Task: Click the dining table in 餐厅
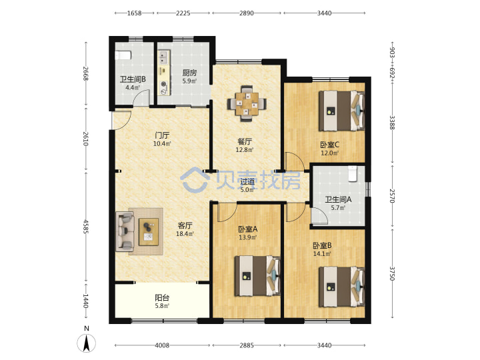coord(247,104)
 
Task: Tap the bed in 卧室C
coord(342,111)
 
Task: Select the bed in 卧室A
coord(257,276)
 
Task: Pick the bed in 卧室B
coord(342,287)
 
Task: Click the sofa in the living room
coord(125,231)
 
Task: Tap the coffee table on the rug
coord(149,232)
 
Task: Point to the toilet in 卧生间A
coord(353,173)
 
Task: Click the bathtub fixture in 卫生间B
coord(123,55)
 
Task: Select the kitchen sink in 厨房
coord(163,57)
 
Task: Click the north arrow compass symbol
coord(87,343)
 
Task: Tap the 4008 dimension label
coord(162,345)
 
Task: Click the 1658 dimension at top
coord(135,13)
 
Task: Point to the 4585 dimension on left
coord(86,226)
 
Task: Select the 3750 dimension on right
coord(392,273)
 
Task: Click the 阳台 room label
coord(162,297)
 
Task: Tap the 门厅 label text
coord(162,135)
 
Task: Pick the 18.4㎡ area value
coord(185,234)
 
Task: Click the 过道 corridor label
coord(247,181)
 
